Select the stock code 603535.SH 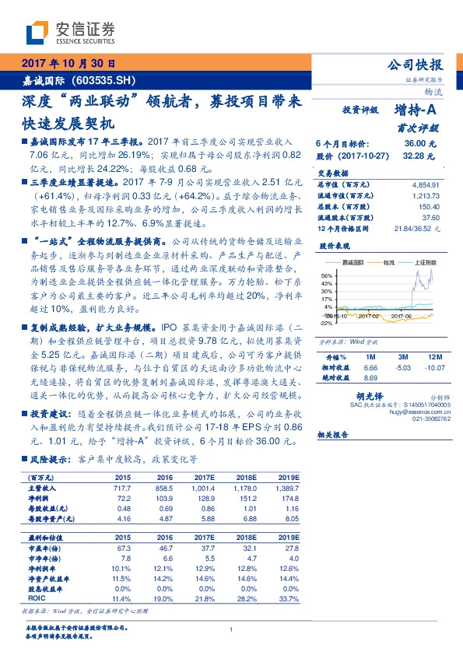coord(103,80)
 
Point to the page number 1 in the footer coord(231,630)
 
